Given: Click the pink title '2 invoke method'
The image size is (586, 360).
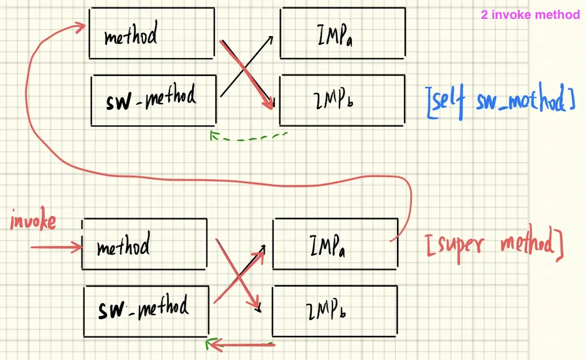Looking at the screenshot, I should pos(530,15).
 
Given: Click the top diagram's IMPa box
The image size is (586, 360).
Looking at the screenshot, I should pos(342,33).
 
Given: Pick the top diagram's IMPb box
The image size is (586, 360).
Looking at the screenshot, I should pos(342,100).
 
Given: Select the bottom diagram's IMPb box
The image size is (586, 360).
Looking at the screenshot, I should pos(334,311).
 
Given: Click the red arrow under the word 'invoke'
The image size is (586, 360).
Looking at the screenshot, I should pos(55,246).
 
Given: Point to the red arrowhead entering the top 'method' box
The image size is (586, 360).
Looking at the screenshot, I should pos(81,25).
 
